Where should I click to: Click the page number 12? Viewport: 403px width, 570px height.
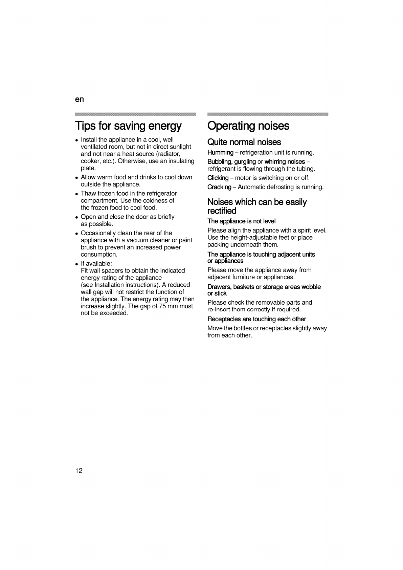(79, 470)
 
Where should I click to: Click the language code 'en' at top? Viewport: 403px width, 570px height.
(79, 100)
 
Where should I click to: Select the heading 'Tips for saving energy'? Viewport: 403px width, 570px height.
(128, 126)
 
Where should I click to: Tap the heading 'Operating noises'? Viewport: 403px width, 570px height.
(248, 126)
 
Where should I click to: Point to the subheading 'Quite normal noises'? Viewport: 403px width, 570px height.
(244, 142)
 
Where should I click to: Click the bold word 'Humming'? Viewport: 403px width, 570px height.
(220, 153)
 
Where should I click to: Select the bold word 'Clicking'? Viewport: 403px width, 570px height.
(218, 178)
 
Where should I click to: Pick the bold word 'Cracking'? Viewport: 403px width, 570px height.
(219, 187)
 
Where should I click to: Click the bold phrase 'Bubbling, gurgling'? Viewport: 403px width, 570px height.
(231, 162)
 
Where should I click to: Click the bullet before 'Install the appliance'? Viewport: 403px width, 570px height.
(77, 140)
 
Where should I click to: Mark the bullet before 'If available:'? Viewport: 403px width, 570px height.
(77, 264)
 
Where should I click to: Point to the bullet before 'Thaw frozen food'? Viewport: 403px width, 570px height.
(77, 194)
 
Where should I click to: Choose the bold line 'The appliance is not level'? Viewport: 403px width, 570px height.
(241, 221)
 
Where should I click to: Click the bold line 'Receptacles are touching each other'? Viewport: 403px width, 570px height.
(256, 319)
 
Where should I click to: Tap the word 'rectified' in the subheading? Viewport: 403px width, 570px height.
(222, 211)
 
